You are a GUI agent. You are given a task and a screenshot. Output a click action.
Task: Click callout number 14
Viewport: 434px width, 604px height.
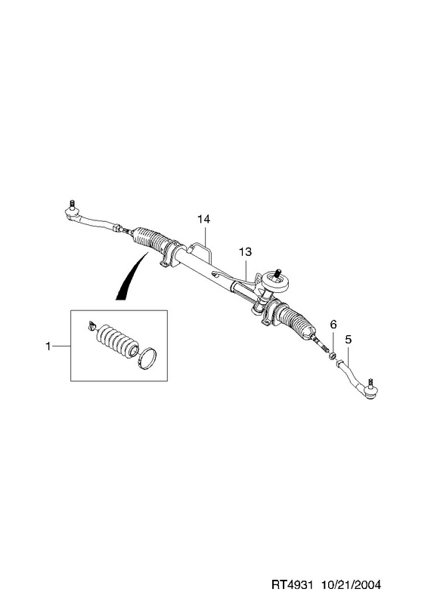click(203, 219)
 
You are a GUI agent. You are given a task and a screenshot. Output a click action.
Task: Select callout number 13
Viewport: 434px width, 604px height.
click(245, 252)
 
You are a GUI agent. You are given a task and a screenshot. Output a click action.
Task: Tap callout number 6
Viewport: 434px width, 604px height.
click(333, 325)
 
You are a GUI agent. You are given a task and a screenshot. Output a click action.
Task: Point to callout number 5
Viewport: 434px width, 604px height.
click(349, 340)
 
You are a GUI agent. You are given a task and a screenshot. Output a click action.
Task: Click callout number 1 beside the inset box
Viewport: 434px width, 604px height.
click(48, 347)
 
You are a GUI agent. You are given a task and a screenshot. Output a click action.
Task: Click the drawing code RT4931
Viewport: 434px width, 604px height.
click(291, 584)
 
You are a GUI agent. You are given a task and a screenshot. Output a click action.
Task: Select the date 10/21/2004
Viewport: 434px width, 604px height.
click(351, 584)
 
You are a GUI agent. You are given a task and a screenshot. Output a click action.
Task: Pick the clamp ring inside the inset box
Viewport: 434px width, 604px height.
click(147, 358)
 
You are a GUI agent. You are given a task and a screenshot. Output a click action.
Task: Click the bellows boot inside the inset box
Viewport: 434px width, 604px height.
click(116, 340)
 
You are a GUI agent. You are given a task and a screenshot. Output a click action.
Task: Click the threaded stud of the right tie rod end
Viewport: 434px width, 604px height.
click(370, 384)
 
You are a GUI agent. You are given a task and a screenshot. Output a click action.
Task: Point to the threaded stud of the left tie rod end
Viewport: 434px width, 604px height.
click(72, 204)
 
